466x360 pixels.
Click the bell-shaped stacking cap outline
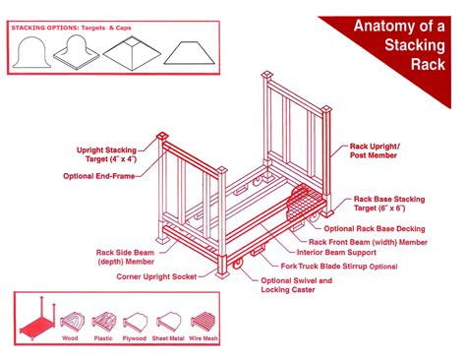tap(34, 53)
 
